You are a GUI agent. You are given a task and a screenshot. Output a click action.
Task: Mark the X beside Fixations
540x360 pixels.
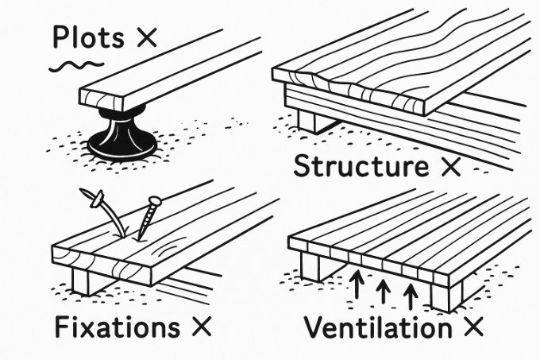pos(198,327)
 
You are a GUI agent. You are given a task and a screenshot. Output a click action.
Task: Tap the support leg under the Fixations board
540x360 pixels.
pos(83,280)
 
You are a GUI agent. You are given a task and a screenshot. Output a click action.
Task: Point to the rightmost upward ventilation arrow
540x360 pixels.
pos(411,296)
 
